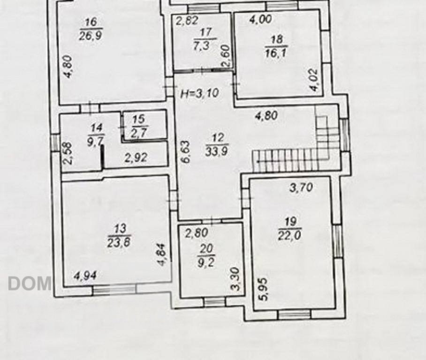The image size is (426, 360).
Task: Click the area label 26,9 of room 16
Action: pyautogui.click(x=91, y=35)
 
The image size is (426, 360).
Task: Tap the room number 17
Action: pyautogui.click(x=205, y=32)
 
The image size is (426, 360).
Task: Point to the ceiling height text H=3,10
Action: pyautogui.click(x=200, y=93)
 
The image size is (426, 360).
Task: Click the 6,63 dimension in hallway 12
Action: pyautogui.click(x=186, y=151)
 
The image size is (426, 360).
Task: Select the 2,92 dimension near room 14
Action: pyautogui.click(x=136, y=157)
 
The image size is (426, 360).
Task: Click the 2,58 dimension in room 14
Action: pyautogui.click(x=68, y=153)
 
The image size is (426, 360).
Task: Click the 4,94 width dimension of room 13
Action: pyautogui.click(x=85, y=276)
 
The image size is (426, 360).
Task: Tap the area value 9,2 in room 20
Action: pyautogui.click(x=205, y=263)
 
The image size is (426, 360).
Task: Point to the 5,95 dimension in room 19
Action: pyautogui.click(x=264, y=290)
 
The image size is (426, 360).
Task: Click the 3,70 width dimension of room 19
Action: pyautogui.click(x=301, y=187)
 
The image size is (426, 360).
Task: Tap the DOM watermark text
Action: pyautogui.click(x=30, y=283)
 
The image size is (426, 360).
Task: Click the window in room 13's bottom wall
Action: pyautogui.click(x=114, y=289)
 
